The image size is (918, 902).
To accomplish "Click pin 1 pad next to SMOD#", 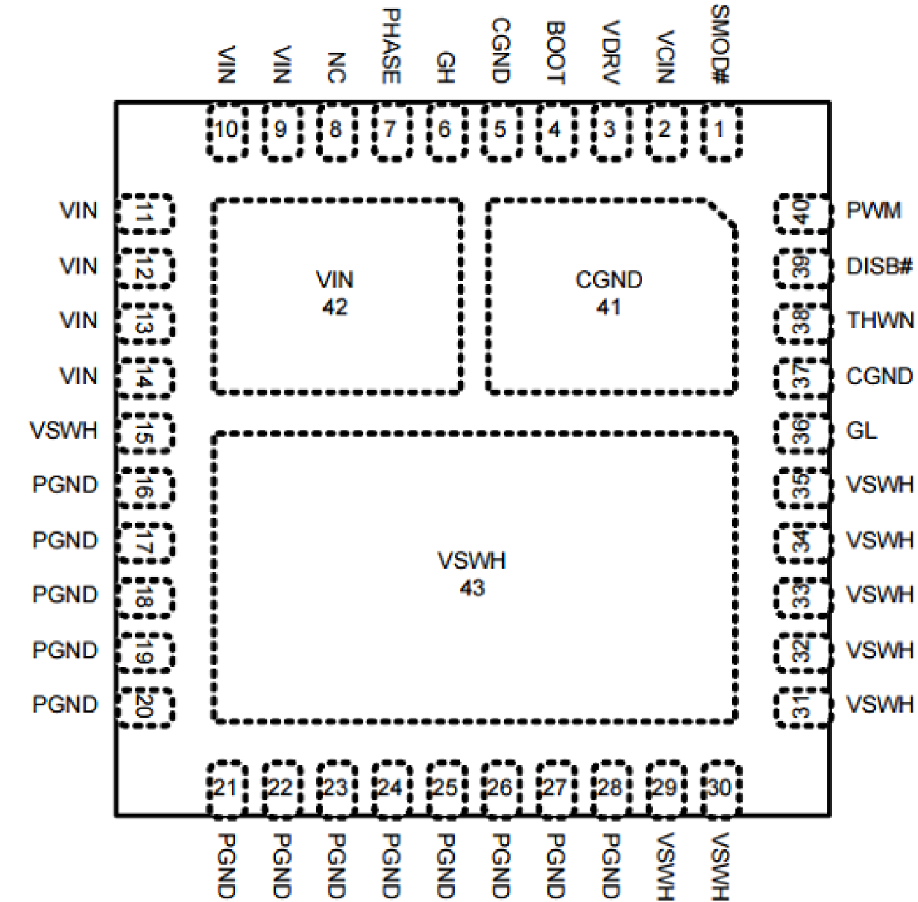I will pyautogui.click(x=721, y=131).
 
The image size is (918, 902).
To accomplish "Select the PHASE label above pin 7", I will pyautogui.click(x=390, y=45).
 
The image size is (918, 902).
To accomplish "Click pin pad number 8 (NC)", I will pyautogui.click(x=335, y=131).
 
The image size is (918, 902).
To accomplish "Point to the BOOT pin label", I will pyautogui.click(x=555, y=53).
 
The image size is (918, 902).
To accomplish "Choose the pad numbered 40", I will pyautogui.click(x=803, y=213).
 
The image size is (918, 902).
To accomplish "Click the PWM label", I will pyautogui.click(x=873, y=211).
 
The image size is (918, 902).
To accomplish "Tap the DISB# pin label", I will pyautogui.click(x=879, y=265).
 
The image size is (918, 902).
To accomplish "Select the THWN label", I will pyautogui.click(x=880, y=320).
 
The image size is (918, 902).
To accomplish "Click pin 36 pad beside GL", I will pyautogui.click(x=803, y=431).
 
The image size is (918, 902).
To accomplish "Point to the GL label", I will pyautogui.click(x=861, y=431).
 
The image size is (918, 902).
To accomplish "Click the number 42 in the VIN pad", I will pyautogui.click(x=335, y=307).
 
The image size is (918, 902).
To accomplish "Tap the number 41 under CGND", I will pyautogui.click(x=608, y=307).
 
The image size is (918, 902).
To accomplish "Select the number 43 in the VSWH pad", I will pyautogui.click(x=472, y=588).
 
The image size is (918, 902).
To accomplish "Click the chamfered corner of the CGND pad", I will pyautogui.click(x=722, y=213).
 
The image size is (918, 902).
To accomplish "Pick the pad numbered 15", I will pyautogui.click(x=145, y=433).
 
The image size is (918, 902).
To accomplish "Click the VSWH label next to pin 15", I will pyautogui.click(x=64, y=431).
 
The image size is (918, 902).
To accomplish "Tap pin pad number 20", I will pyautogui.click(x=145, y=706).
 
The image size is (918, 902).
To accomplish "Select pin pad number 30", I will pyautogui.click(x=721, y=788).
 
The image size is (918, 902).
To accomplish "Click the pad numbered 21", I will pyautogui.click(x=226, y=788).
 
